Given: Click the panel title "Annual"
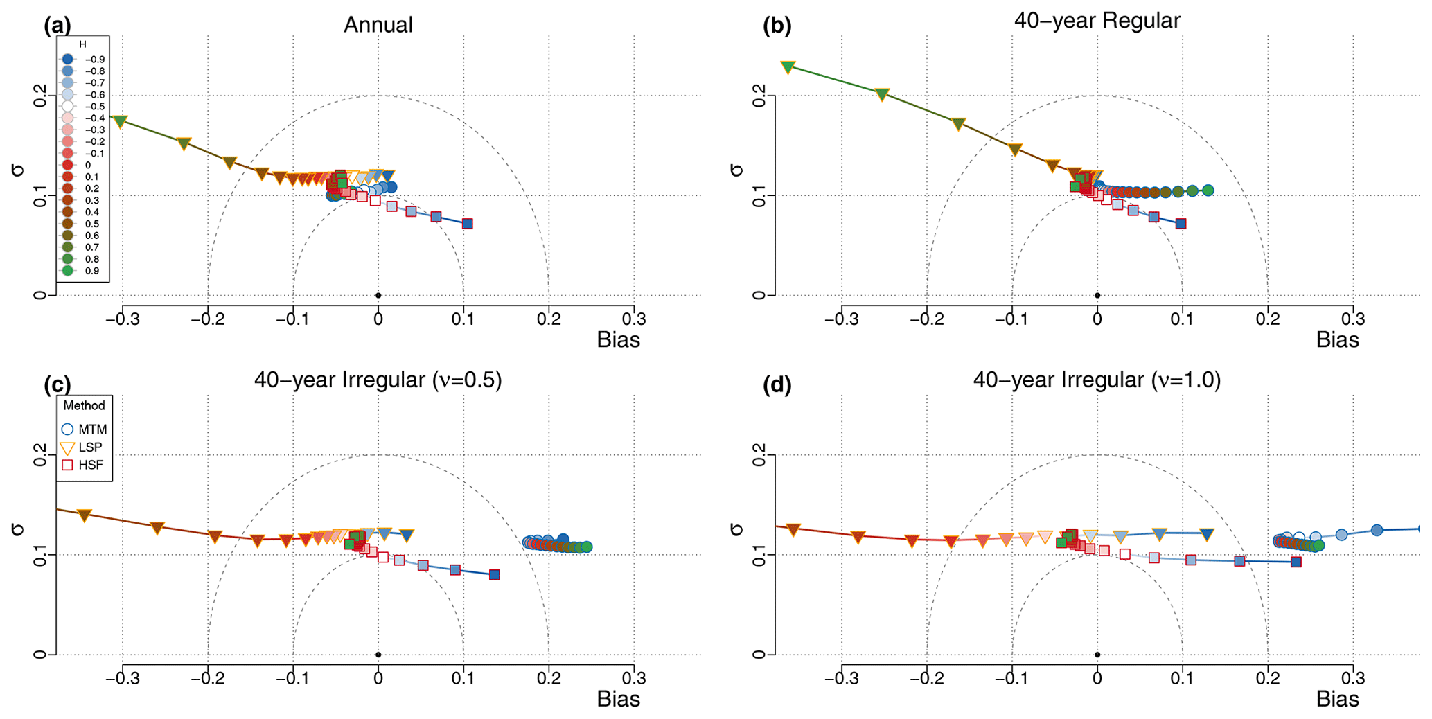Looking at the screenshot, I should [378, 25].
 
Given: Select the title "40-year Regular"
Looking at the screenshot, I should [1097, 21].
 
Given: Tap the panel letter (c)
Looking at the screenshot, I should [57, 384].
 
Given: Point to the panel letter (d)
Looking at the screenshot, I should [777, 384].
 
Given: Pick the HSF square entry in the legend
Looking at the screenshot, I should [67, 465].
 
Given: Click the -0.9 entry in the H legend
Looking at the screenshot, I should [67, 60].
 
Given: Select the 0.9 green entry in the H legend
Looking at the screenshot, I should [67, 271].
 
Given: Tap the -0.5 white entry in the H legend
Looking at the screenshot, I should [67, 107].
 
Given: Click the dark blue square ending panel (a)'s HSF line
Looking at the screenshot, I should [468, 224].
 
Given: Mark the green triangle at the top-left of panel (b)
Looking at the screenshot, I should [788, 67].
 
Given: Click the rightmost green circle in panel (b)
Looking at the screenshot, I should [1208, 190].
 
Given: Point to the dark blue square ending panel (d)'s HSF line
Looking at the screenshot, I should [1296, 562].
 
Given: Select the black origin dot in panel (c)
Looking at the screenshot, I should [378, 655].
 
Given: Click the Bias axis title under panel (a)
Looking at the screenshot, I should [618, 340].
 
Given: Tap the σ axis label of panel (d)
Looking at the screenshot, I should [736, 530].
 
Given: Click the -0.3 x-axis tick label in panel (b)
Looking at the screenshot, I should [841, 319].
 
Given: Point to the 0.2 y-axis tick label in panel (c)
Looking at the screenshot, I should [39, 455].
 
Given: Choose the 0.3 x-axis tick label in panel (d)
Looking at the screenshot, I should [1353, 678].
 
